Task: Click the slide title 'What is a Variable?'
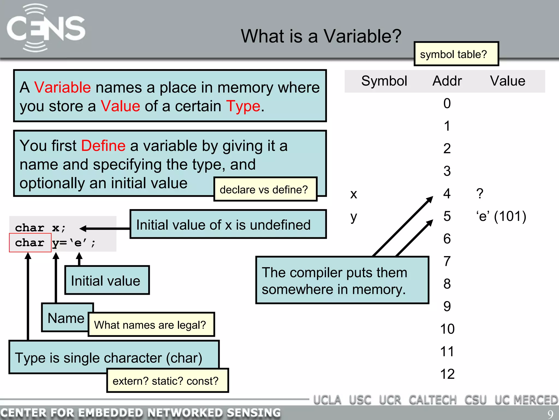[x=321, y=36]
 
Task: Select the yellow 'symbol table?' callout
[x=456, y=54]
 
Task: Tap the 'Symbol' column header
[x=384, y=81]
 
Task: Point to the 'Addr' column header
[x=447, y=81]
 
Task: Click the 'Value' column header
[x=507, y=81]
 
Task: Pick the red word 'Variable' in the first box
[x=62, y=87]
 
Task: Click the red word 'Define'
[x=103, y=145]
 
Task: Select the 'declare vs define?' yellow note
[x=265, y=189]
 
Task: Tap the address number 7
[x=447, y=261]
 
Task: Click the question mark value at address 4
[x=480, y=194]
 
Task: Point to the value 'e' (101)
[x=501, y=216]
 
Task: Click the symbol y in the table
[x=354, y=217]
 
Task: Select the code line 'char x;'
[x=40, y=228]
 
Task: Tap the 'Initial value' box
[x=107, y=281]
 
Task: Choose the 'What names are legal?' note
[x=151, y=325]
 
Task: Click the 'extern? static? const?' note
[x=167, y=381]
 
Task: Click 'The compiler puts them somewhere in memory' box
[x=342, y=281]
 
